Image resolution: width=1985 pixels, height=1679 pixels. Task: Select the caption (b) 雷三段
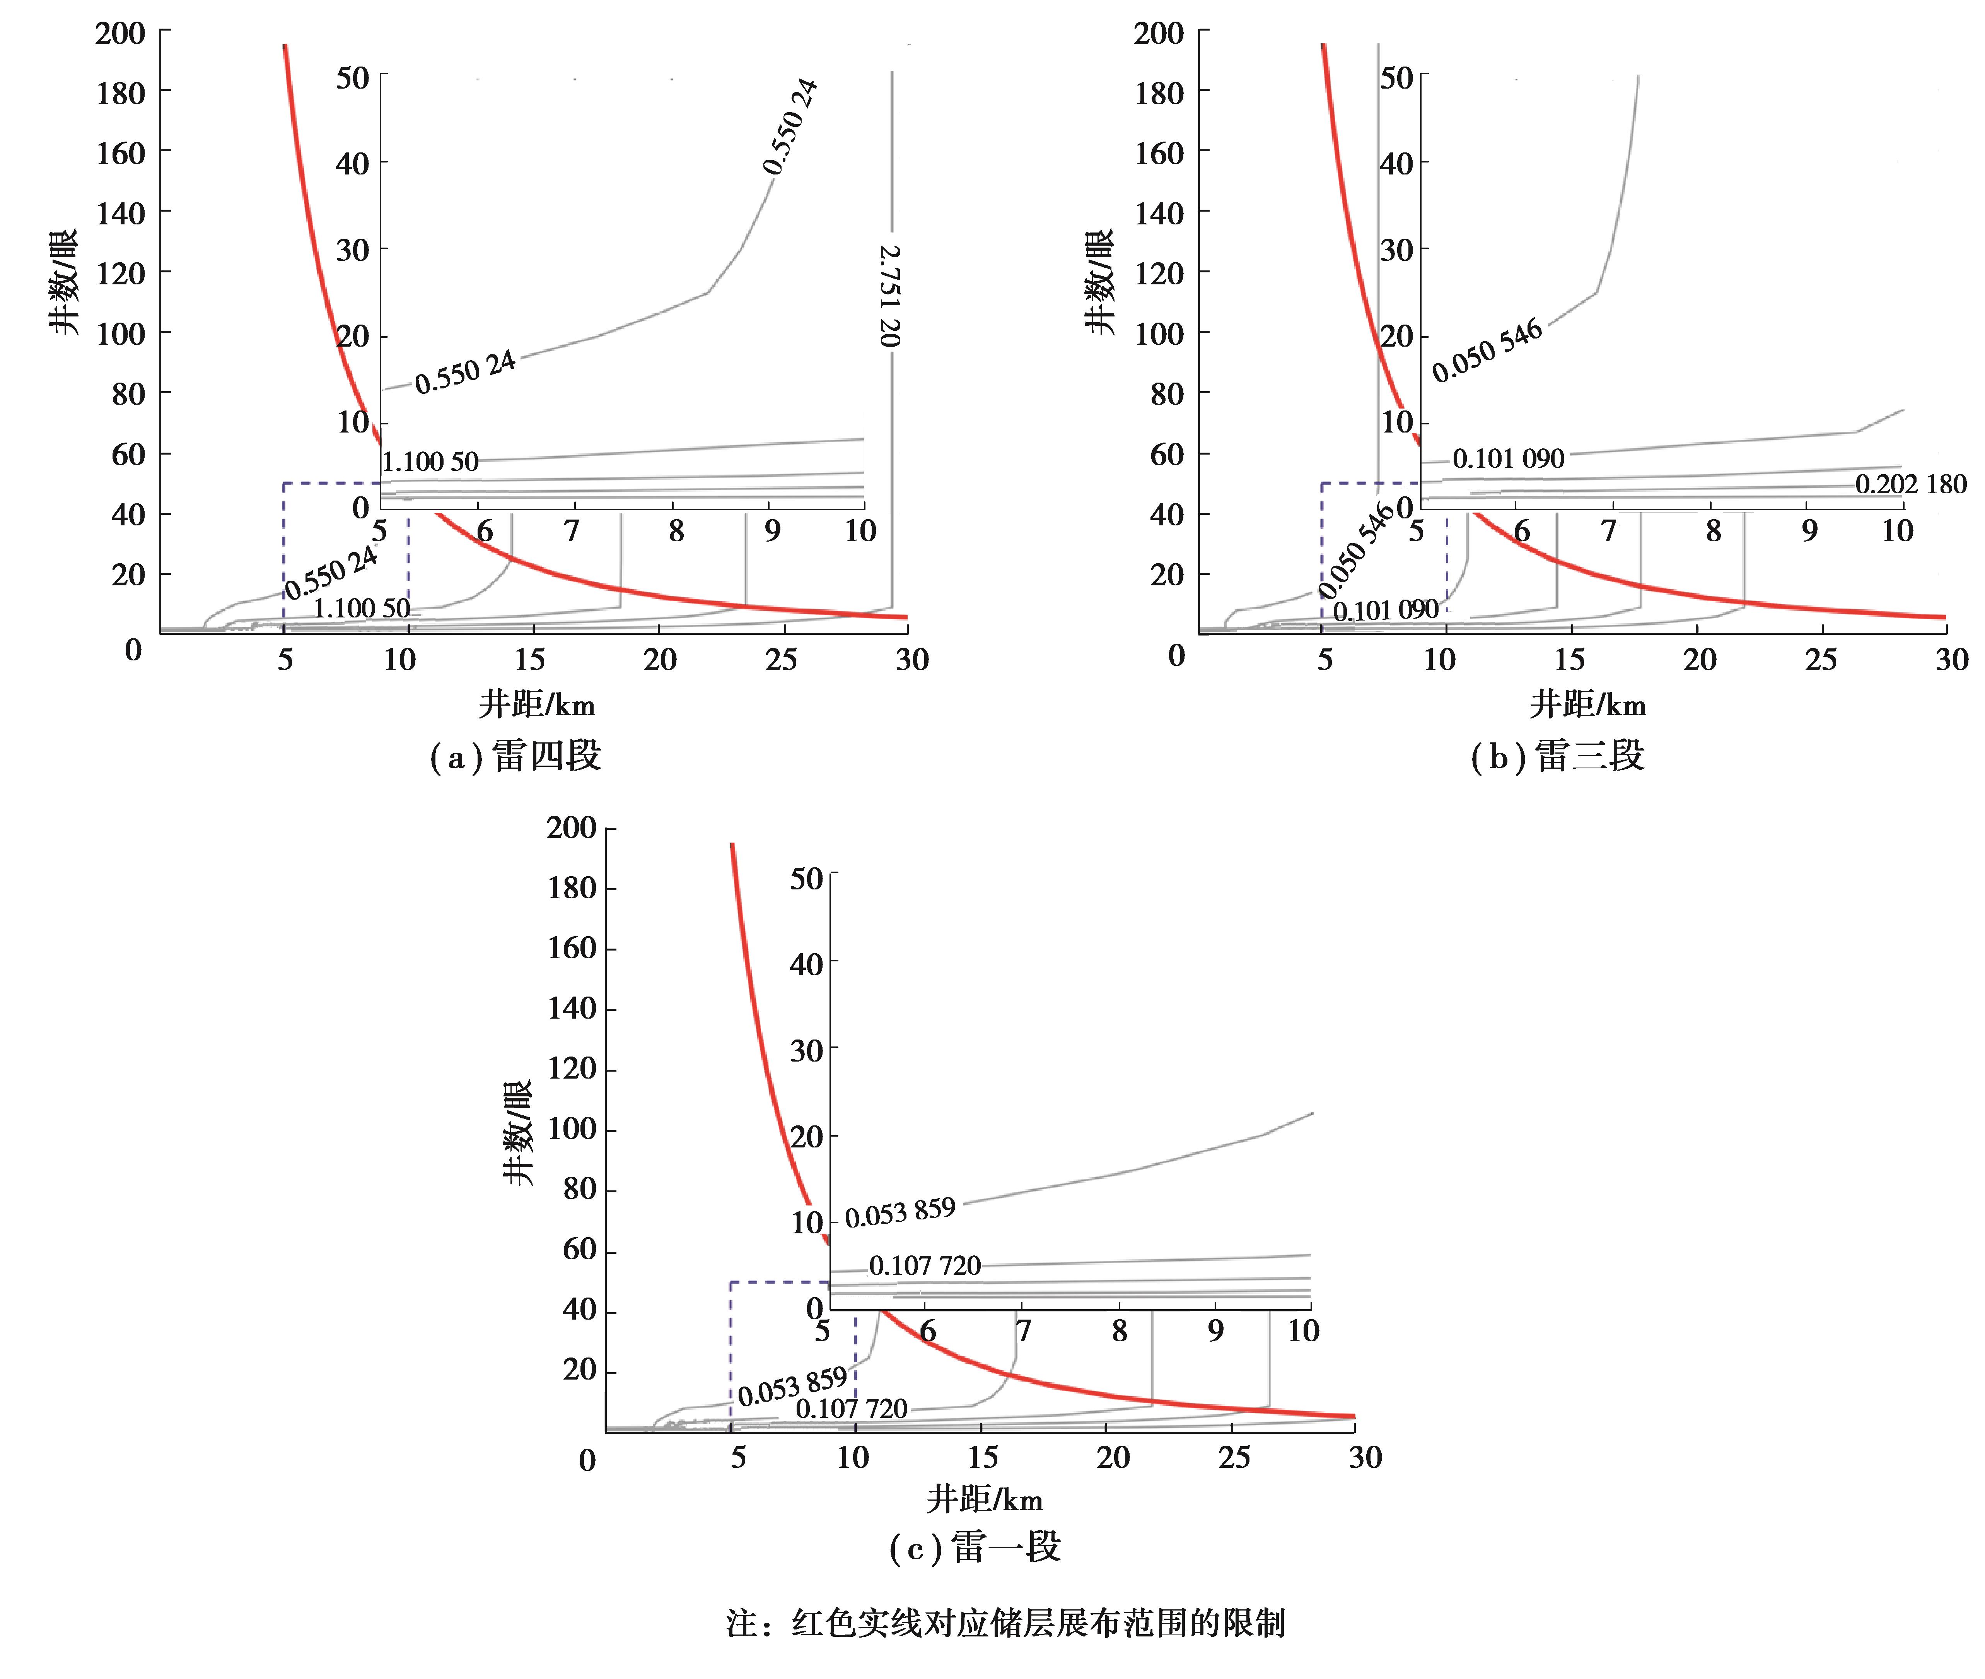pyautogui.click(x=1558, y=757)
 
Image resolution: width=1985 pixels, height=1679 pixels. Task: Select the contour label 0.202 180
pyautogui.click(x=1911, y=484)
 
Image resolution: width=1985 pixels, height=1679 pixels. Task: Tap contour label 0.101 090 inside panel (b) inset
pyautogui.click(x=1508, y=459)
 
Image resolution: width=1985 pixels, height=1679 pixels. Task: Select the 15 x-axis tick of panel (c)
pyautogui.click(x=982, y=1457)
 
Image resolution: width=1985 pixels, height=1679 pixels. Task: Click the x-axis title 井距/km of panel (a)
pyautogui.click(x=537, y=705)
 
